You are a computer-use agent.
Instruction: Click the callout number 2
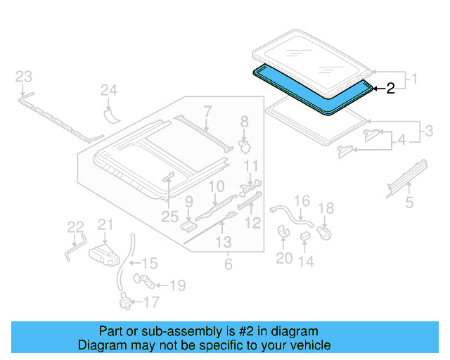(x=390, y=89)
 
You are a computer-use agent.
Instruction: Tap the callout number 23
(x=24, y=77)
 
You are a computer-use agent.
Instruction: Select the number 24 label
(x=108, y=90)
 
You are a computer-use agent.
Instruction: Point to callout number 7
(x=207, y=111)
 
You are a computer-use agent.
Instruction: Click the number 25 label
(x=169, y=218)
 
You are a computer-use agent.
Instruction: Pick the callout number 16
(x=301, y=202)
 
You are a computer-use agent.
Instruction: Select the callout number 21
(x=105, y=224)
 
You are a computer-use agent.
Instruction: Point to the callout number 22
(x=75, y=226)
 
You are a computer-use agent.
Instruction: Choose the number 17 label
(x=150, y=303)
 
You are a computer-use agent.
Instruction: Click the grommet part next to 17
(x=125, y=304)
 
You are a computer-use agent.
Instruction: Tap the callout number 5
(x=409, y=205)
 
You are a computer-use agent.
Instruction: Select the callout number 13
(x=223, y=243)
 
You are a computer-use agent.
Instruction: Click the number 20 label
(x=283, y=259)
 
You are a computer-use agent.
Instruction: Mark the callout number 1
(x=414, y=79)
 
